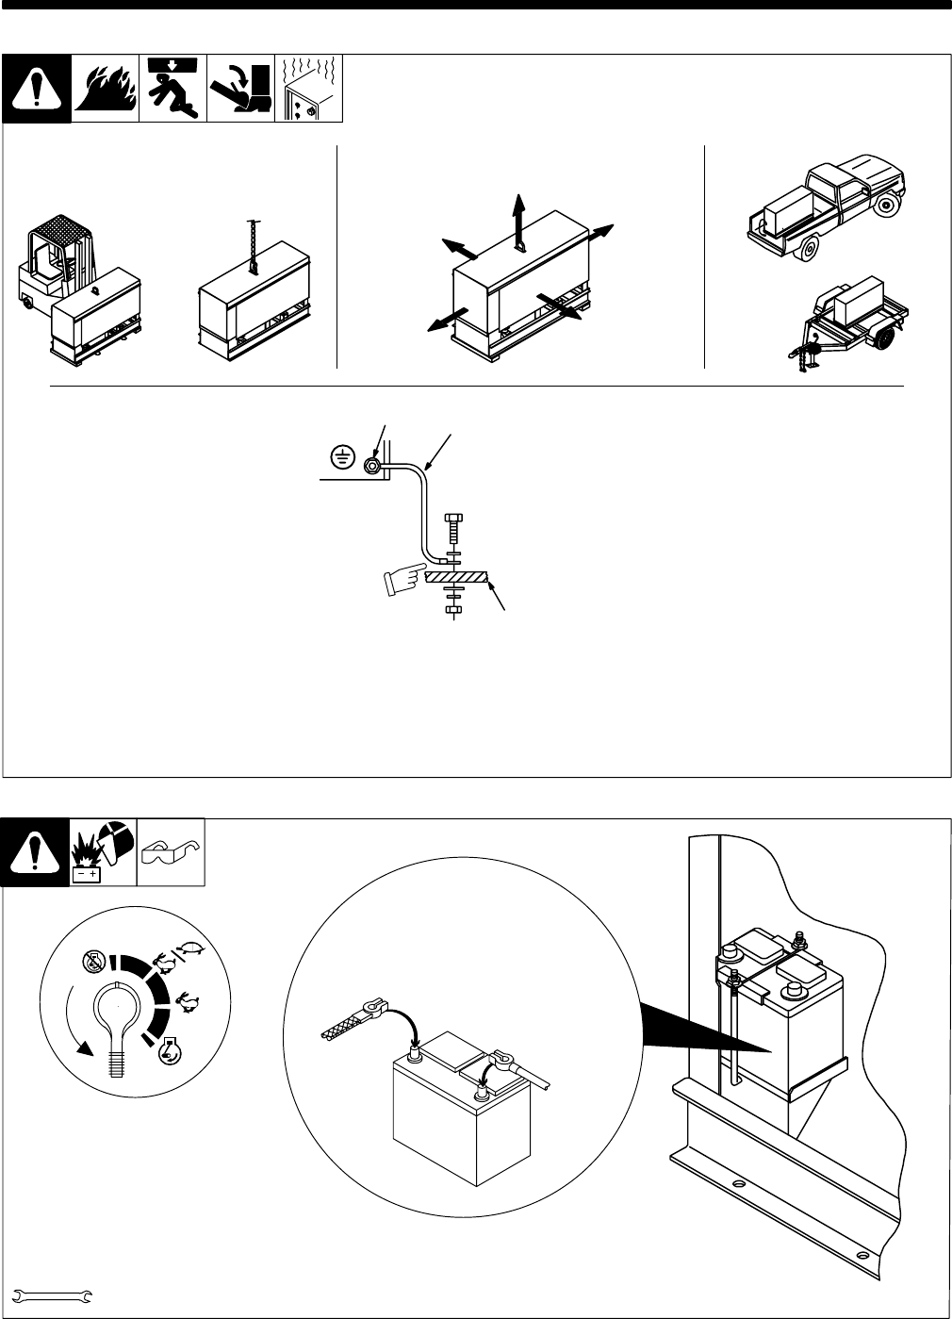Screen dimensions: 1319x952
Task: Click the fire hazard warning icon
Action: [x=105, y=89]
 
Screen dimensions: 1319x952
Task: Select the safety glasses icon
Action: [x=171, y=852]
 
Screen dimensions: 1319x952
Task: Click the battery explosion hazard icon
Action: [x=104, y=852]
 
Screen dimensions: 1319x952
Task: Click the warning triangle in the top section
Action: [x=36, y=89]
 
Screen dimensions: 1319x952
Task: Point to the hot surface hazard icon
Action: [x=307, y=89]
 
